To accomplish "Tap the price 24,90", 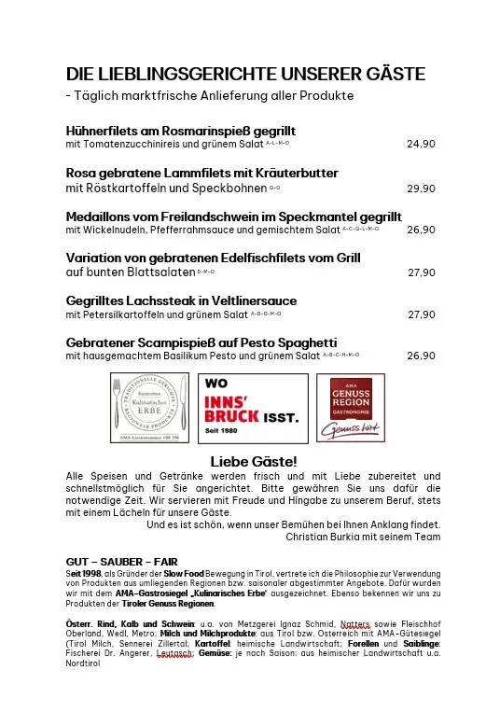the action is [421, 145].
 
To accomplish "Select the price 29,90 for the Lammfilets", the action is [421, 188].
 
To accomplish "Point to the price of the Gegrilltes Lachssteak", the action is [422, 314].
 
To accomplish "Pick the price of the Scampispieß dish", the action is [421, 356].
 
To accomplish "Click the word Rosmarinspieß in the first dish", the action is [198, 131].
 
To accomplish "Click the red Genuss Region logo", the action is [351, 408].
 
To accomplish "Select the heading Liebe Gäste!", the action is [254, 461].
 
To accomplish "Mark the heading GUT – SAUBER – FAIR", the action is [118, 561].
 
